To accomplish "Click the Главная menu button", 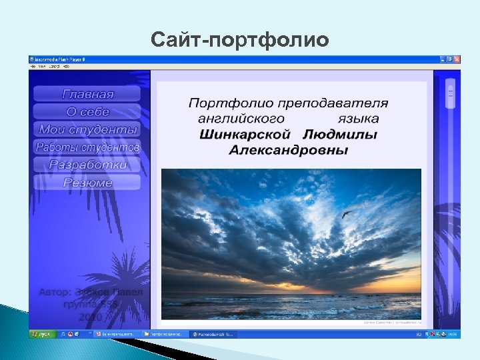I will click(x=87, y=94).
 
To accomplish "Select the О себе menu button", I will click(x=87, y=112).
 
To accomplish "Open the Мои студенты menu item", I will click(x=87, y=129).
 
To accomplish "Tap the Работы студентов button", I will click(x=87, y=147).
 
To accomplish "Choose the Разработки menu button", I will click(x=87, y=165).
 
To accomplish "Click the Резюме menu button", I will click(x=87, y=182).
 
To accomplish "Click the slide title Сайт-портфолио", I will click(x=239, y=40).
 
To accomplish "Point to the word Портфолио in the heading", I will click(x=222, y=103).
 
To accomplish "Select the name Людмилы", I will click(x=345, y=135).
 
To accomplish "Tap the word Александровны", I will click(x=288, y=150).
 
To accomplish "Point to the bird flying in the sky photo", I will click(x=347, y=215).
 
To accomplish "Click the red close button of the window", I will click(x=456, y=59).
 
